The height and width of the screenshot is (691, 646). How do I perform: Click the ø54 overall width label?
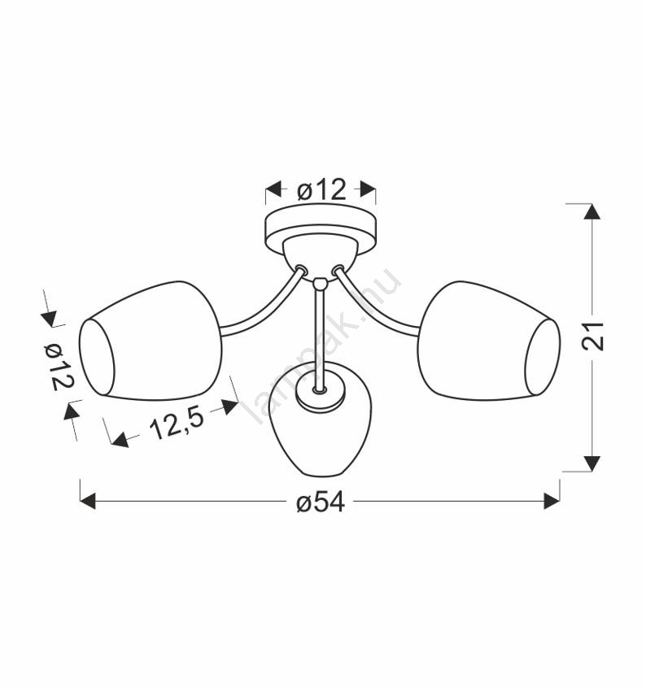[321, 502]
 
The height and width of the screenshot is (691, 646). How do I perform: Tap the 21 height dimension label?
[592, 337]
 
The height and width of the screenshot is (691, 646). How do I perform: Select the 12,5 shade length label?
[177, 424]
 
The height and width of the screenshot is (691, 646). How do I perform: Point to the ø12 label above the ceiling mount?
[321, 190]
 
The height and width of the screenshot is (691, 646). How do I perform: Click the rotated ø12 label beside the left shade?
[59, 367]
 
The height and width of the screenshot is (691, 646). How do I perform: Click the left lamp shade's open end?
[97, 357]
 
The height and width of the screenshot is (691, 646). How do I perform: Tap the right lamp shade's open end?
[543, 357]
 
